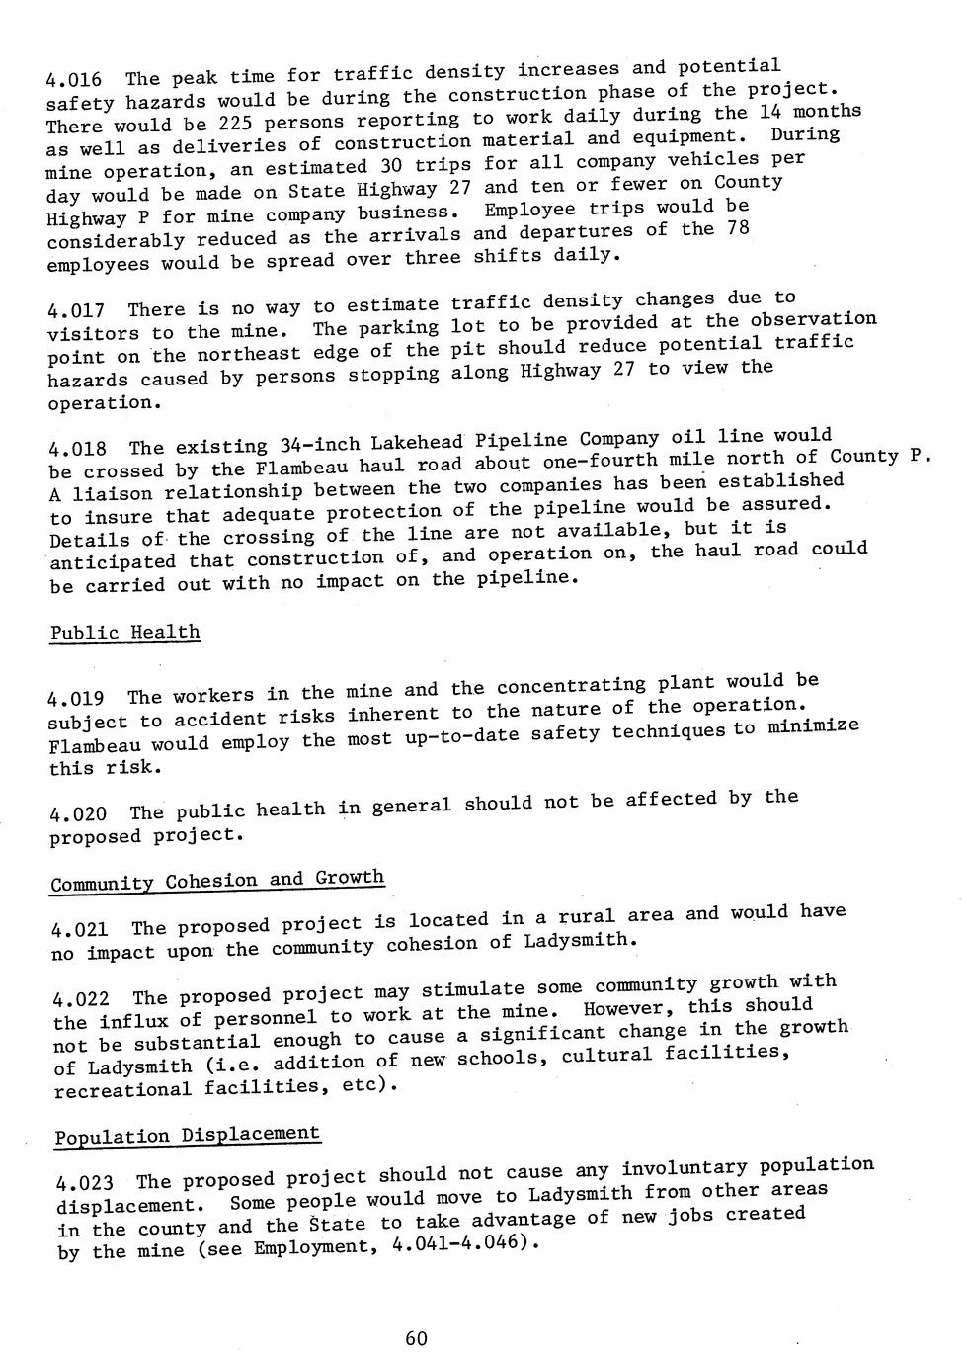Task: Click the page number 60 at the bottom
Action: tap(416, 1338)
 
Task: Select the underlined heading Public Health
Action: tap(124, 632)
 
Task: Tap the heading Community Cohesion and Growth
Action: tap(217, 880)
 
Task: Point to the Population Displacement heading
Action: tap(188, 1135)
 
